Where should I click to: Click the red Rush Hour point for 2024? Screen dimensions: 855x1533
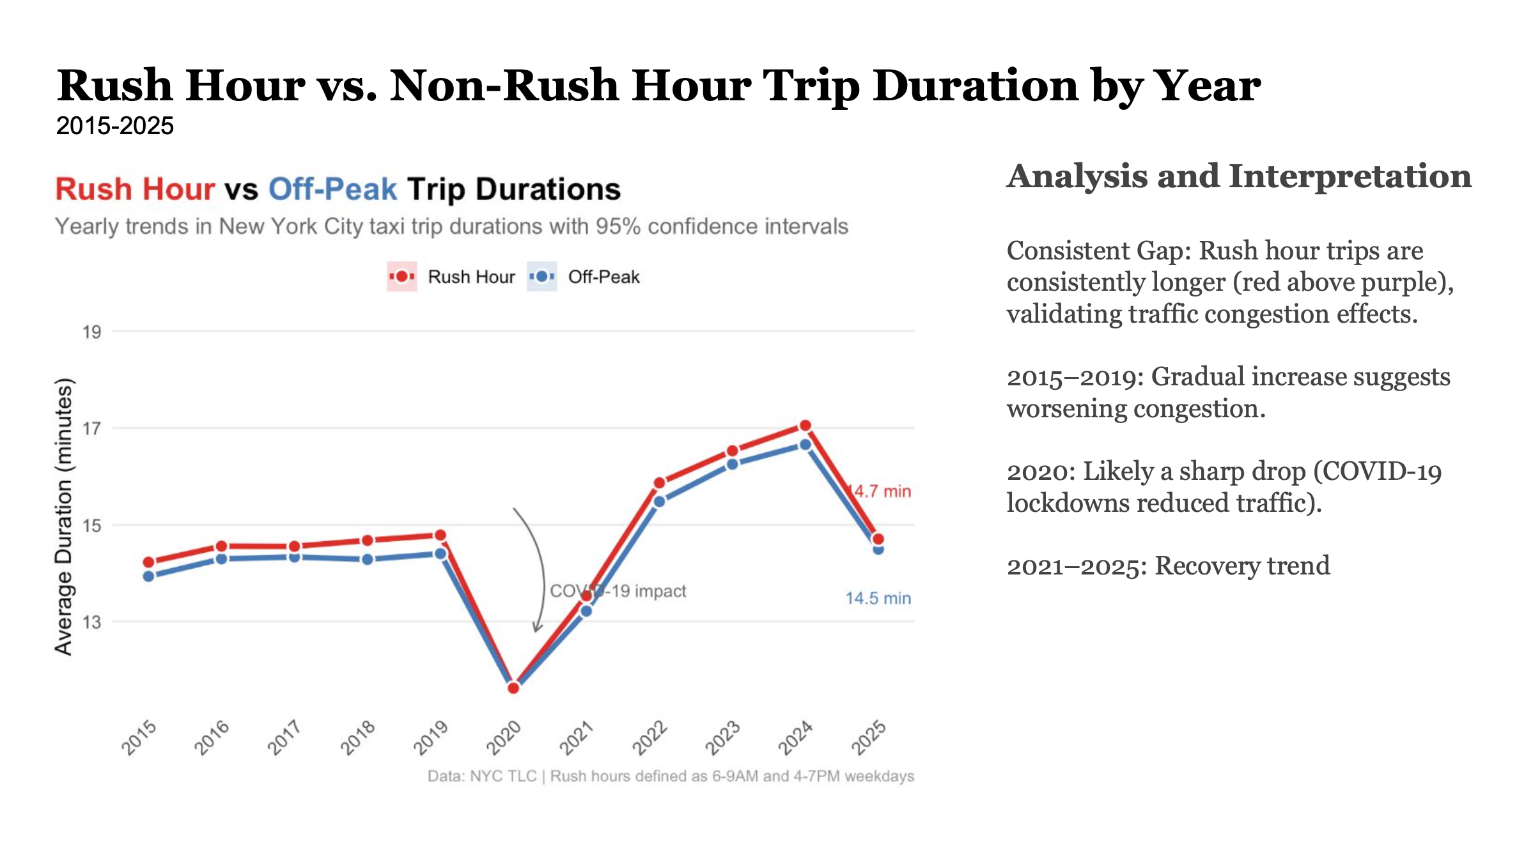(805, 426)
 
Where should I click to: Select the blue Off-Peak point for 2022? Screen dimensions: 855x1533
(659, 502)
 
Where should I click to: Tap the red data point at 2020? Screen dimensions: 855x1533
(513, 688)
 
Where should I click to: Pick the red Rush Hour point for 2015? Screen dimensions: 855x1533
(149, 562)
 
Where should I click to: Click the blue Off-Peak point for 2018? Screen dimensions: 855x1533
(368, 559)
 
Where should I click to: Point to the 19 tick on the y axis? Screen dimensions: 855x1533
(92, 332)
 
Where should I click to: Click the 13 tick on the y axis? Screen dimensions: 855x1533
(92, 622)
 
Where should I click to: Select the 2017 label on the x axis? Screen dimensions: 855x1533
(284, 737)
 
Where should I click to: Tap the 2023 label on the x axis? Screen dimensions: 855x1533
(722, 737)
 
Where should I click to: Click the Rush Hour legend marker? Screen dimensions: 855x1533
(402, 277)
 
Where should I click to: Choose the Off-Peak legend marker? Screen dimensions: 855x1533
(542, 277)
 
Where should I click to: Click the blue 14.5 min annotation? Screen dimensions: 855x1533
(878, 598)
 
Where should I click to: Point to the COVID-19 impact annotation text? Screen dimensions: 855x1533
(618, 591)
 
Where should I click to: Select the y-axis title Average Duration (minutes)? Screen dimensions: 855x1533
(63, 516)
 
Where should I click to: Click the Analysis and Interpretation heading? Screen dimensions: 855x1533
(1239, 176)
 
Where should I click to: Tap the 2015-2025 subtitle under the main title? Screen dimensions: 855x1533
(115, 126)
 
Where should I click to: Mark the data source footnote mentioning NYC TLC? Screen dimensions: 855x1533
(671, 776)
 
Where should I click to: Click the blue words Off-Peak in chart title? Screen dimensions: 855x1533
(332, 189)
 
